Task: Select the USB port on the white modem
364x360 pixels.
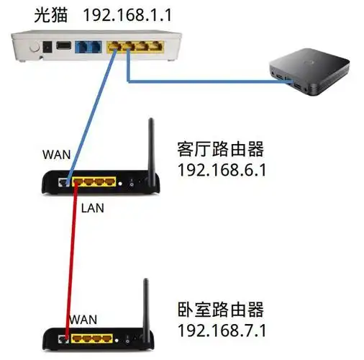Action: pyautogui.click(x=63, y=47)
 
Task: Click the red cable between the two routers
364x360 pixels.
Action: pyautogui.click(x=72, y=259)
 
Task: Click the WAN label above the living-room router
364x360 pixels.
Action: pyautogui.click(x=57, y=154)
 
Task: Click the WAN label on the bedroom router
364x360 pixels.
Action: pyautogui.click(x=83, y=318)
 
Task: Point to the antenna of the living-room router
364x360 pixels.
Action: pyautogui.click(x=152, y=148)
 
